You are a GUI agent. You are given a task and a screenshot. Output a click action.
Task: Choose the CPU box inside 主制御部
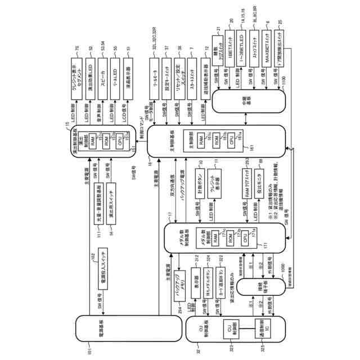[x=230, y=137]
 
